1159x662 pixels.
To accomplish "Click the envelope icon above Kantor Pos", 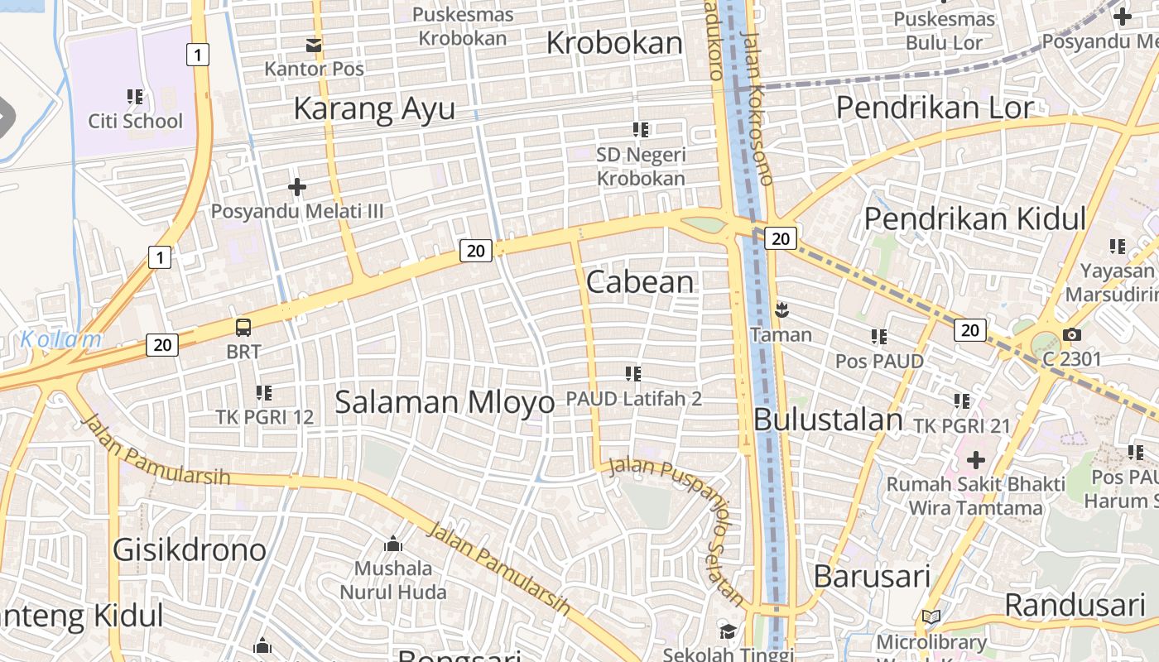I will click(314, 45).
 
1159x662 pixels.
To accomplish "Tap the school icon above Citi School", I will click(135, 97).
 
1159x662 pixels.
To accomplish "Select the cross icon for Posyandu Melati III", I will click(296, 187).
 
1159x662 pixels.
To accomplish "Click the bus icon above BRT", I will click(243, 327).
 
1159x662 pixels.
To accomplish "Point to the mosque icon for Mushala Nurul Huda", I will click(393, 544).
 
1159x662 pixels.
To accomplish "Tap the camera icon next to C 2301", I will click(1072, 334).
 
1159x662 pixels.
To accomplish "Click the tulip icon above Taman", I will click(781, 311).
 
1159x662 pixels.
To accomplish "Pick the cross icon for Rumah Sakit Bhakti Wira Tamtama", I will click(976, 459).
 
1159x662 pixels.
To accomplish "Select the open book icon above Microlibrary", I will click(931, 617).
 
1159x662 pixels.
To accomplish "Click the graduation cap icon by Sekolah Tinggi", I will click(727, 631).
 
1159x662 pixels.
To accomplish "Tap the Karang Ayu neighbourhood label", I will click(374, 108).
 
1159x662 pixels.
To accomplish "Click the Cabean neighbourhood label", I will click(640, 282).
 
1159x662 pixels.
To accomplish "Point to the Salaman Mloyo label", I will click(445, 402).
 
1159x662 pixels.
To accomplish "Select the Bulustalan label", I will click(829, 420).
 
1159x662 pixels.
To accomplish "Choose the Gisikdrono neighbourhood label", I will click(190, 549).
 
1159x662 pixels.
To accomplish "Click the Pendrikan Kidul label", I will click(974, 219).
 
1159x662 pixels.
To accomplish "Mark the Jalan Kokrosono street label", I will click(758, 108).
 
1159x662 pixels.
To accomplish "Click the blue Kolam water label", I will click(60, 339).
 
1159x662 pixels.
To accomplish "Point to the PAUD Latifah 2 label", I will click(633, 399).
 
